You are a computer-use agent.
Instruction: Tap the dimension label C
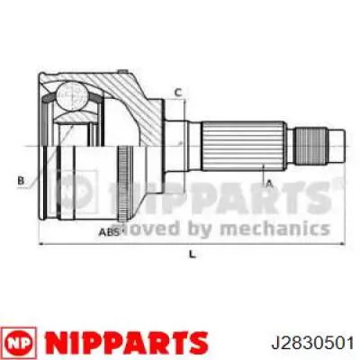(178, 92)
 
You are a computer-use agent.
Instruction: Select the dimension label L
(192, 256)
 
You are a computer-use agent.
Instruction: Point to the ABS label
(108, 231)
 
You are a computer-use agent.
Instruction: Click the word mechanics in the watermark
(284, 228)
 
